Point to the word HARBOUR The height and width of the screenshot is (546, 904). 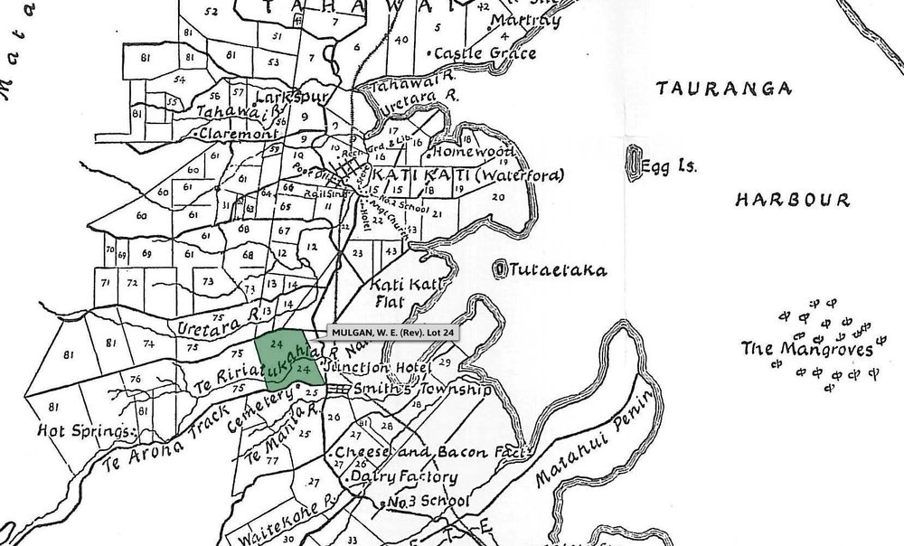(792, 199)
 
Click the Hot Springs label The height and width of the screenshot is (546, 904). (87, 429)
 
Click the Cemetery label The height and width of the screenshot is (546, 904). (262, 413)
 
